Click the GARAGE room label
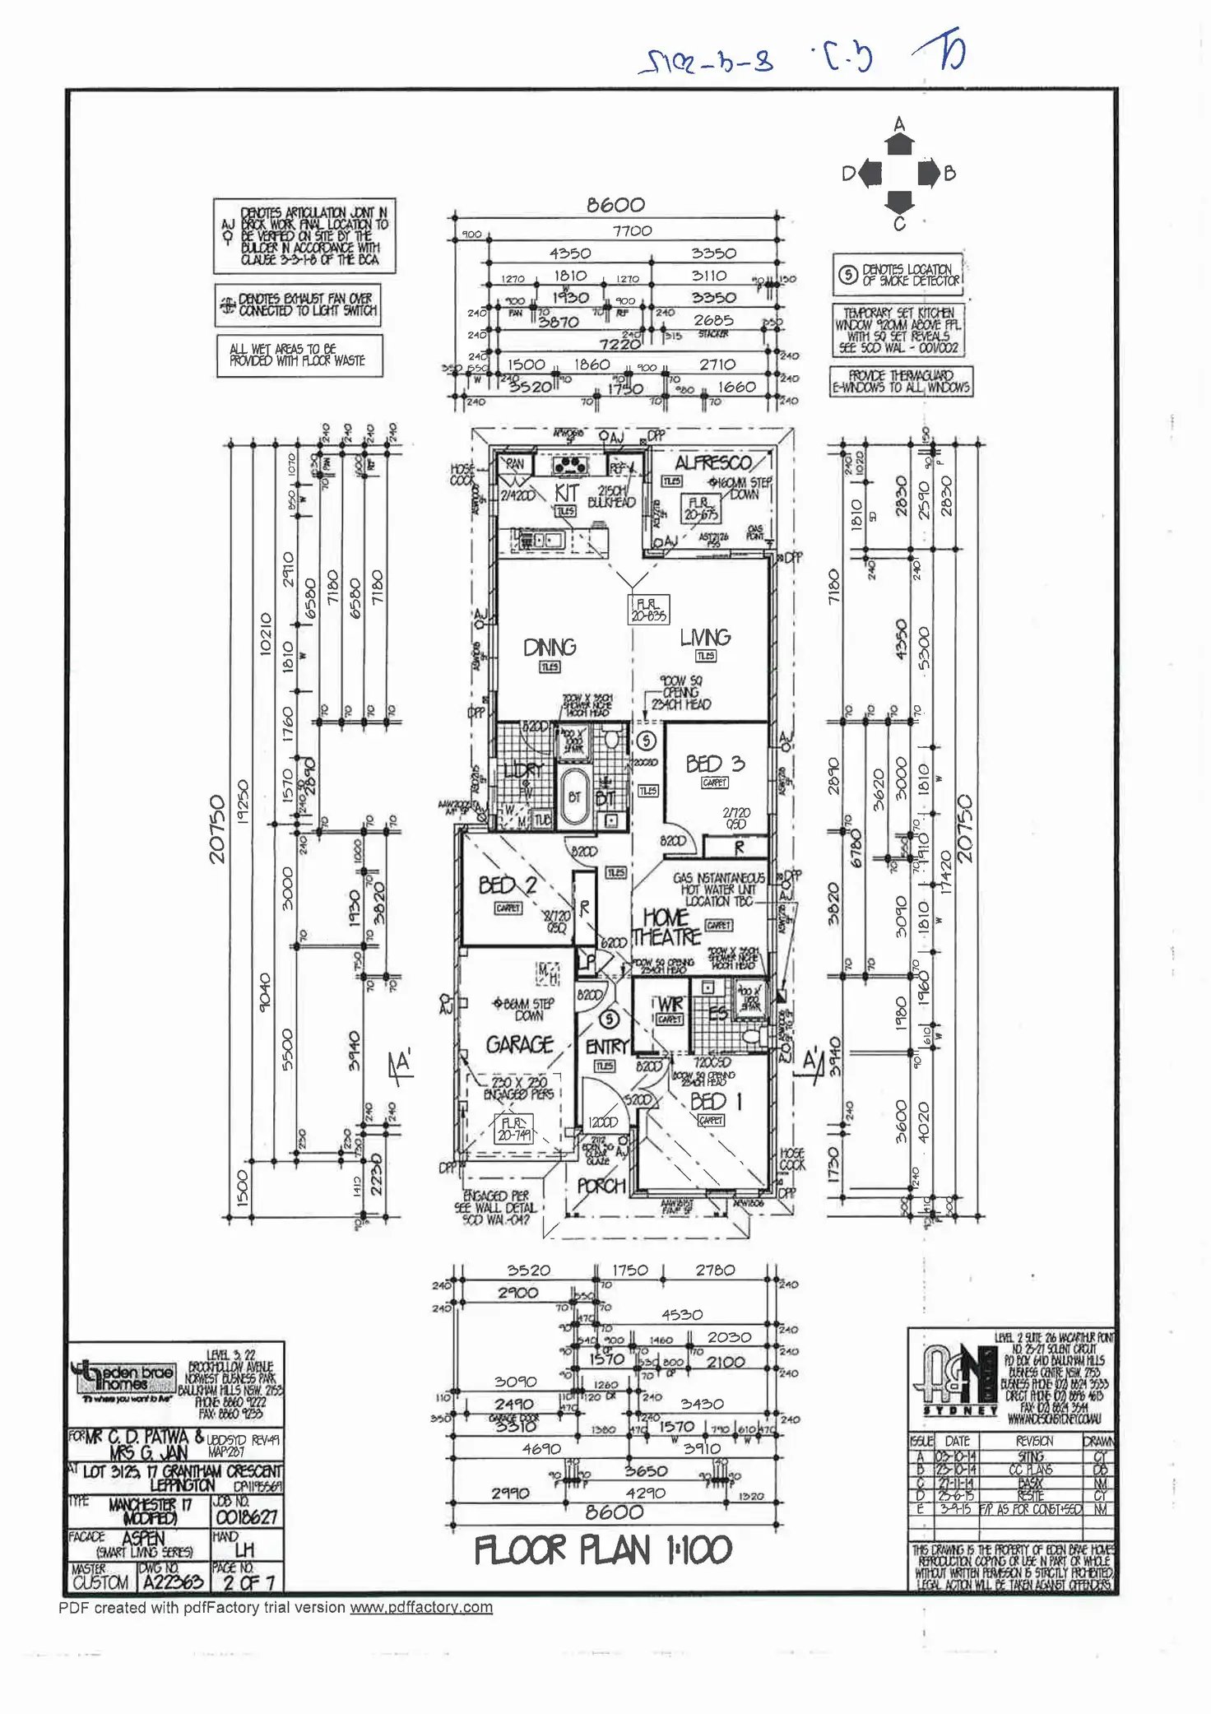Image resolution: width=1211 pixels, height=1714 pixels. pos(519,1044)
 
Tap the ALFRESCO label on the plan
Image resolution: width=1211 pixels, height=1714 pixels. pos(713,462)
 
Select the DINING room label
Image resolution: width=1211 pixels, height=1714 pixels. pos(550,648)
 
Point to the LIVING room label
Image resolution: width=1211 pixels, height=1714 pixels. pos(705,637)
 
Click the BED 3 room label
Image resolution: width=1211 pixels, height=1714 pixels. pos(715,764)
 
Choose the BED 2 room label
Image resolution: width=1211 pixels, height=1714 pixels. pos(508,885)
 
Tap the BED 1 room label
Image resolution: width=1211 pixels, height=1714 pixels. pos(716,1101)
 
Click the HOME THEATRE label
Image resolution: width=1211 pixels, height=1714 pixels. pos(666,927)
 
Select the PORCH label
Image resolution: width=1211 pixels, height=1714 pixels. pos(601,1186)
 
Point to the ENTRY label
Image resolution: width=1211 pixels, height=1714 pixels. pos(606,1047)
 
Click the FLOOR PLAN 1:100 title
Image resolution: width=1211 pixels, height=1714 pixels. pos(603,1551)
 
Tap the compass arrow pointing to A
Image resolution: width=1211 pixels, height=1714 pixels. pos(899,144)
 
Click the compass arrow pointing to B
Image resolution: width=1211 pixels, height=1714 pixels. pos(929,174)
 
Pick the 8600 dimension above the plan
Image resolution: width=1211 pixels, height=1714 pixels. pos(615,205)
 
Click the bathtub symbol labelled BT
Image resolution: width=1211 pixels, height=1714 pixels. pos(574,796)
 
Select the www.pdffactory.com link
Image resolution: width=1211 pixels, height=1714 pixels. pos(421,1607)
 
